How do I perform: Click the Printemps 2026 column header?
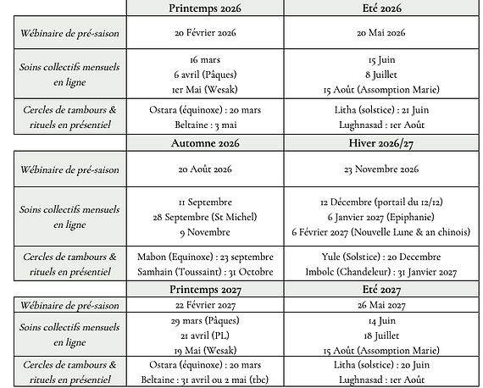tap(205, 8)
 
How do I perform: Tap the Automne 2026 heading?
tap(205, 142)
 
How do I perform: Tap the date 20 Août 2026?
tap(205, 169)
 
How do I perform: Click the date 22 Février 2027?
tap(205, 305)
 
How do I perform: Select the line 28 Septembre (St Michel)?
tap(205, 218)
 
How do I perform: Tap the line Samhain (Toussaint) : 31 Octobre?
tap(205, 272)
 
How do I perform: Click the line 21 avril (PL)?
tap(205, 335)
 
